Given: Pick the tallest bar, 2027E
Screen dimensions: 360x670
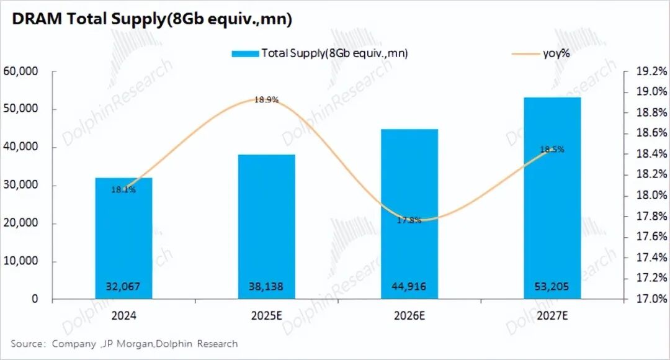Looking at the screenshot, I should click(x=552, y=199).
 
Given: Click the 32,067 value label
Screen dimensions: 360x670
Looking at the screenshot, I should click(x=123, y=286).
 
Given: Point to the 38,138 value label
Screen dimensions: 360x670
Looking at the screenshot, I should click(x=267, y=286).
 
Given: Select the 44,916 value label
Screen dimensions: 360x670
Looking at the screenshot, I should click(x=409, y=286).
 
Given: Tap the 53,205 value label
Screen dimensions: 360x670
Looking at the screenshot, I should click(x=552, y=286).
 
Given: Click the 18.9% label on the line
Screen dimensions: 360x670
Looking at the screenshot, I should click(x=267, y=99).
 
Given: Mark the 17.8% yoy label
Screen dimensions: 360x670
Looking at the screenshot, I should click(x=409, y=220).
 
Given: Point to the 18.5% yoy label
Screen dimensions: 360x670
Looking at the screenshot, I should click(x=552, y=150).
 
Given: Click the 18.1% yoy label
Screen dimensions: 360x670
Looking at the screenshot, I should click(x=123, y=189).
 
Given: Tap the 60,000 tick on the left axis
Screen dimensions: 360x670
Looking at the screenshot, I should click(x=21, y=71).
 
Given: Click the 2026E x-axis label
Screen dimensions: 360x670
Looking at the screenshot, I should click(x=409, y=315).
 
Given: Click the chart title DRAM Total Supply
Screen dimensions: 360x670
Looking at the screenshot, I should click(x=152, y=19).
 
